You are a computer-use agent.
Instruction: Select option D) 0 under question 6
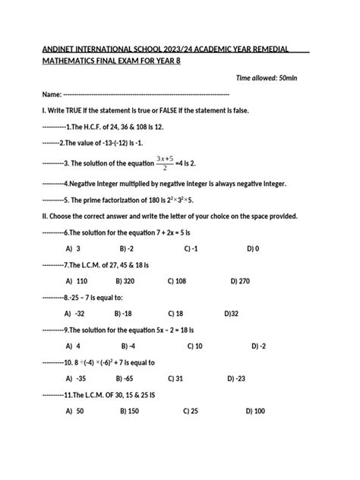point(253,248)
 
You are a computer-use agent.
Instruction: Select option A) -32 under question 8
point(74,313)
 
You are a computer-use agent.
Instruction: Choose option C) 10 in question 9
point(193,346)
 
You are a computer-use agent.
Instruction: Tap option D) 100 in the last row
point(255,411)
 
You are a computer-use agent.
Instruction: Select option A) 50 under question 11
point(74,411)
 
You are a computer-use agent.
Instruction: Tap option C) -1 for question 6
point(191,248)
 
